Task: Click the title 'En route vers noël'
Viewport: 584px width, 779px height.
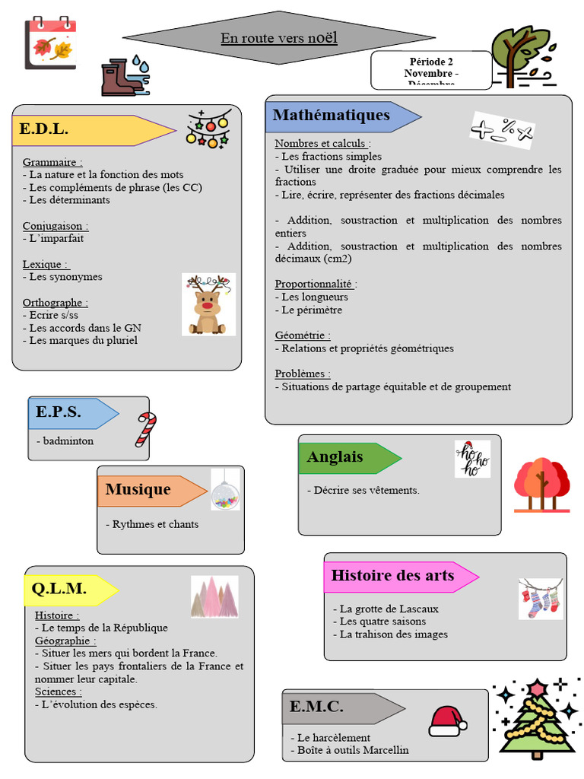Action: pyautogui.click(x=279, y=38)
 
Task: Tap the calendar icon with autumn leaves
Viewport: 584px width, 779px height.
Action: pyautogui.click(x=50, y=43)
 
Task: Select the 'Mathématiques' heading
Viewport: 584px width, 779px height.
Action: pyautogui.click(x=332, y=116)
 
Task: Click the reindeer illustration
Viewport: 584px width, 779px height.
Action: pyautogui.click(x=208, y=305)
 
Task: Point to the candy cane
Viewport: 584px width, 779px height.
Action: pyautogui.click(x=145, y=429)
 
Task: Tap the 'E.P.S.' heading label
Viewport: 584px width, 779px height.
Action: pyautogui.click(x=59, y=412)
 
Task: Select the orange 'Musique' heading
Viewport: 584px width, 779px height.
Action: pyautogui.click(x=138, y=489)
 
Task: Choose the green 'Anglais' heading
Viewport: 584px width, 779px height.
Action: pyautogui.click(x=335, y=457)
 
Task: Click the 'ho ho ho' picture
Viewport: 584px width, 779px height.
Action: pyautogui.click(x=472, y=459)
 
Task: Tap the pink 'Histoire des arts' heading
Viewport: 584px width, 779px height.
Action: pyautogui.click(x=392, y=575)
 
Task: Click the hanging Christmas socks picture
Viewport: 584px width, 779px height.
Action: pyautogui.click(x=541, y=599)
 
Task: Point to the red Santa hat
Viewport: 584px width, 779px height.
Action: pyautogui.click(x=447, y=720)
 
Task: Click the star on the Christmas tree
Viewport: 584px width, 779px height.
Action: pyautogui.click(x=538, y=688)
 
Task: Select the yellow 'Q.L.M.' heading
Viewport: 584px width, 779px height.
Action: pyautogui.click(x=59, y=588)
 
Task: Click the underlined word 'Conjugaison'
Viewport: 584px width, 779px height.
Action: pyautogui.click(x=54, y=226)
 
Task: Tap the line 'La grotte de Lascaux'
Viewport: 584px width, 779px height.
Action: pyautogui.click(x=389, y=609)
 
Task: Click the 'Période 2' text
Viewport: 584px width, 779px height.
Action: pyautogui.click(x=431, y=62)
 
